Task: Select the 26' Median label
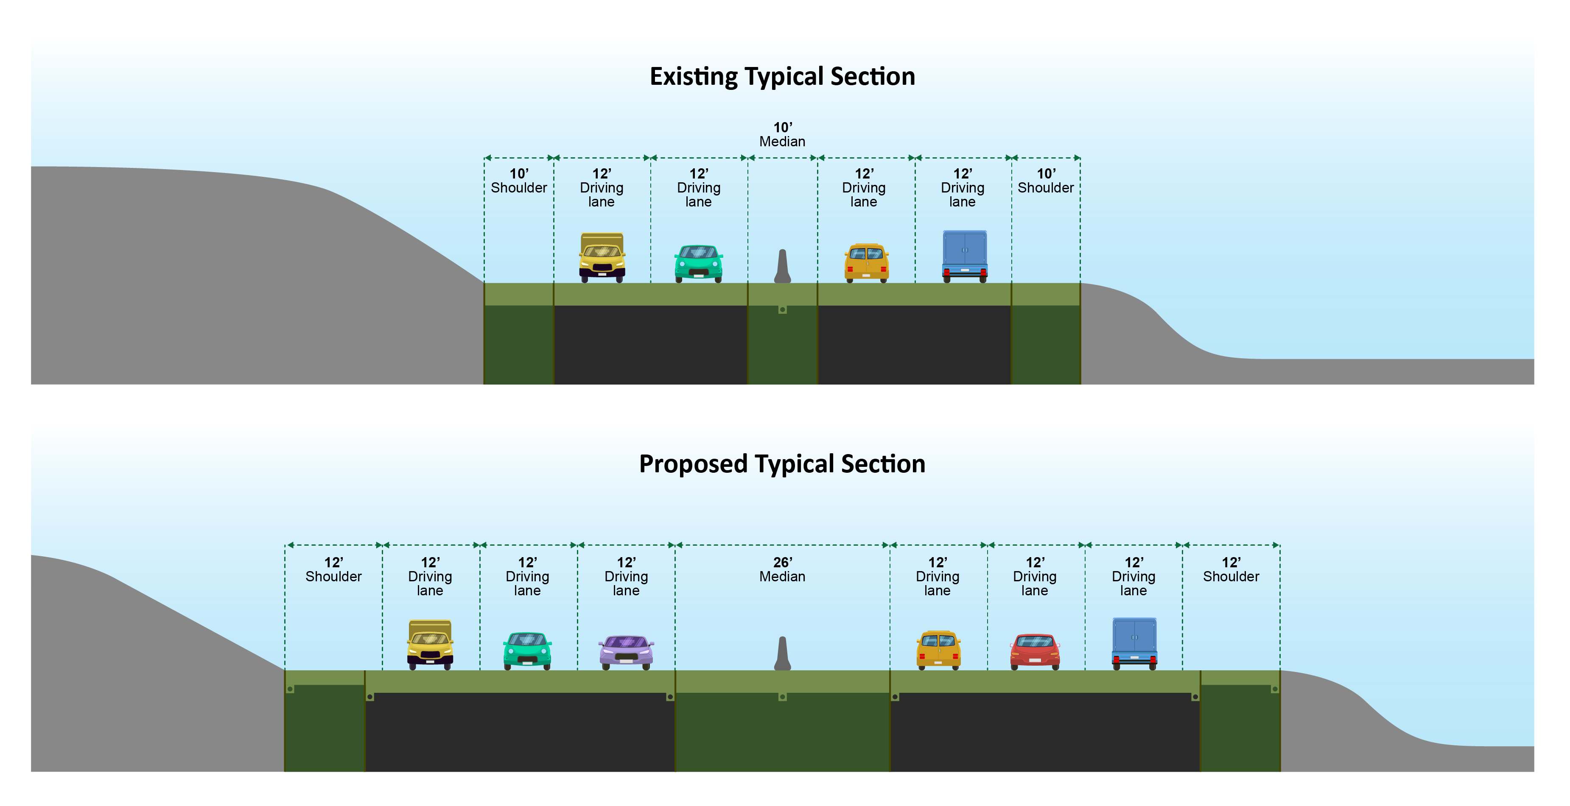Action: (783, 569)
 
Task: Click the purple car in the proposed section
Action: (627, 652)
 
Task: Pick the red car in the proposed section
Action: (1035, 652)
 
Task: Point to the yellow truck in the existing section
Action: (602, 257)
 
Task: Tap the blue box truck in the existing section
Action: (965, 256)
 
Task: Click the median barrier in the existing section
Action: (783, 267)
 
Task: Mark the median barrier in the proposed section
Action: (783, 654)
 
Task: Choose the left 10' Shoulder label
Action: (519, 181)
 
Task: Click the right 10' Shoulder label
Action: (1046, 181)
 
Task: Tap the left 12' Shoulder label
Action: (333, 569)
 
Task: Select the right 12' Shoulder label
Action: (1231, 569)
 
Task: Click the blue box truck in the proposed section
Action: (1134, 643)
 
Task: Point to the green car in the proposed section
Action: (527, 651)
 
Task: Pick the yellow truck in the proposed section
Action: (430, 644)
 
